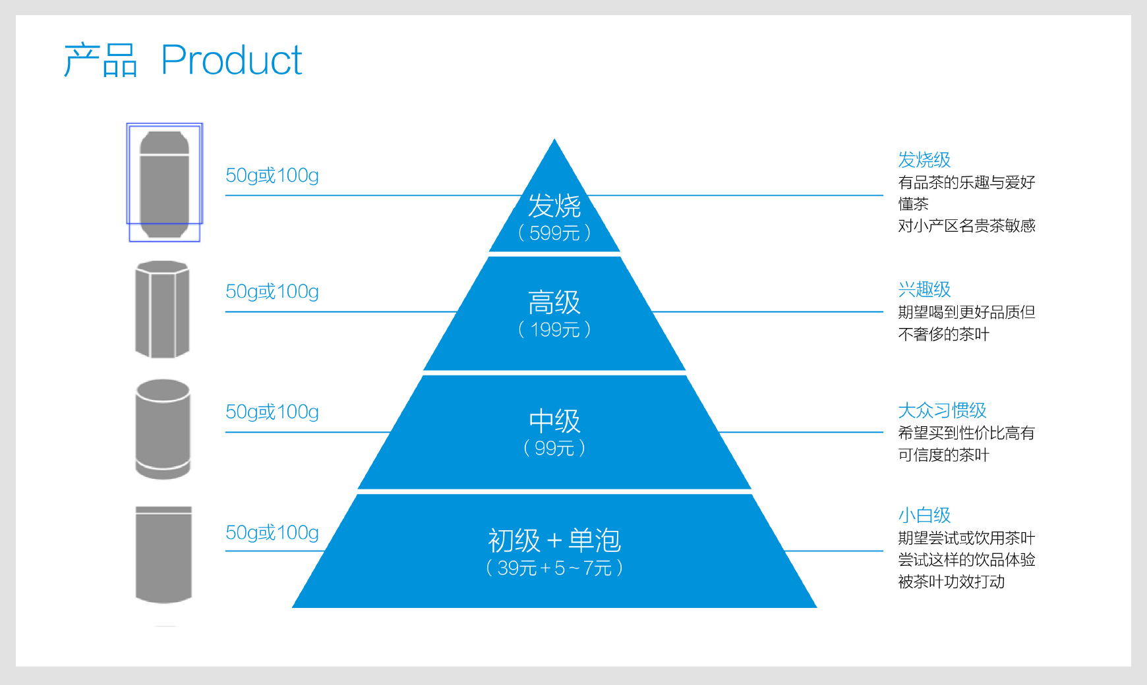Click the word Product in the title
(231, 60)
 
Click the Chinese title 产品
(100, 60)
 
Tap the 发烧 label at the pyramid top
(554, 205)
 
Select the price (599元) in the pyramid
(554, 233)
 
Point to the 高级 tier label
(554, 302)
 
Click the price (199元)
(554, 329)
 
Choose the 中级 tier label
(554, 421)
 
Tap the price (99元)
(554, 448)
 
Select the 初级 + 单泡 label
(554, 541)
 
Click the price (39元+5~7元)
(554, 568)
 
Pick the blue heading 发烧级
(924, 159)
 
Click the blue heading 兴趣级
(924, 289)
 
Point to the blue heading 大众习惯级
(942, 410)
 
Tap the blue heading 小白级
(924, 515)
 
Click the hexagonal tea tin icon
(162, 310)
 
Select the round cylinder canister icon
(163, 429)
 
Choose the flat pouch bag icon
(163, 555)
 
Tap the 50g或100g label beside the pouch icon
(272, 532)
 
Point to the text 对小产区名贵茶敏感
(966, 226)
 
